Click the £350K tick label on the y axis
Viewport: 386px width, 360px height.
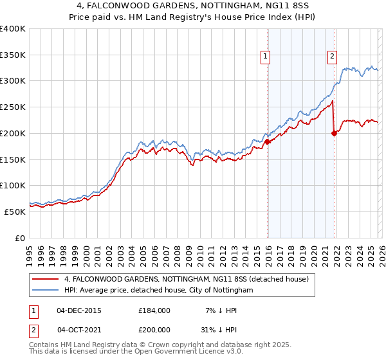[x=13, y=55]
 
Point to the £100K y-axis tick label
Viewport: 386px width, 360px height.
[x=13, y=185]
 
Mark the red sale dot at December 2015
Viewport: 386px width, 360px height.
[x=267, y=141]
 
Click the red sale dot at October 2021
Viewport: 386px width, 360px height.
[x=334, y=133]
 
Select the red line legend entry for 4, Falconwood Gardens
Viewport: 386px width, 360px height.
[x=187, y=279]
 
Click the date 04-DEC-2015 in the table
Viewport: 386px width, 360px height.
[x=79, y=310]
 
